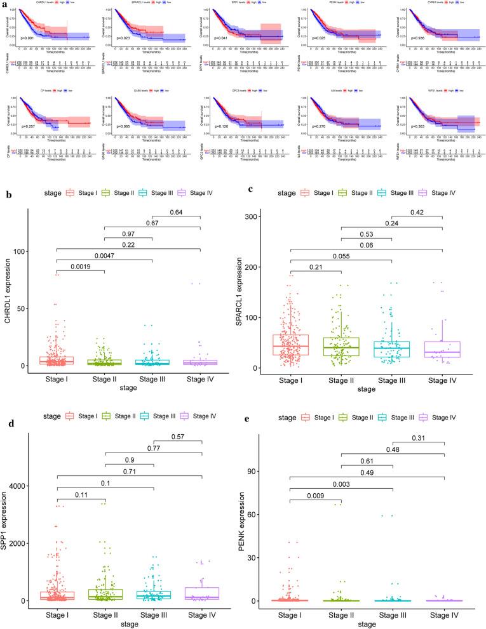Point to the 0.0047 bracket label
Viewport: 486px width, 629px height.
[104, 256]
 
